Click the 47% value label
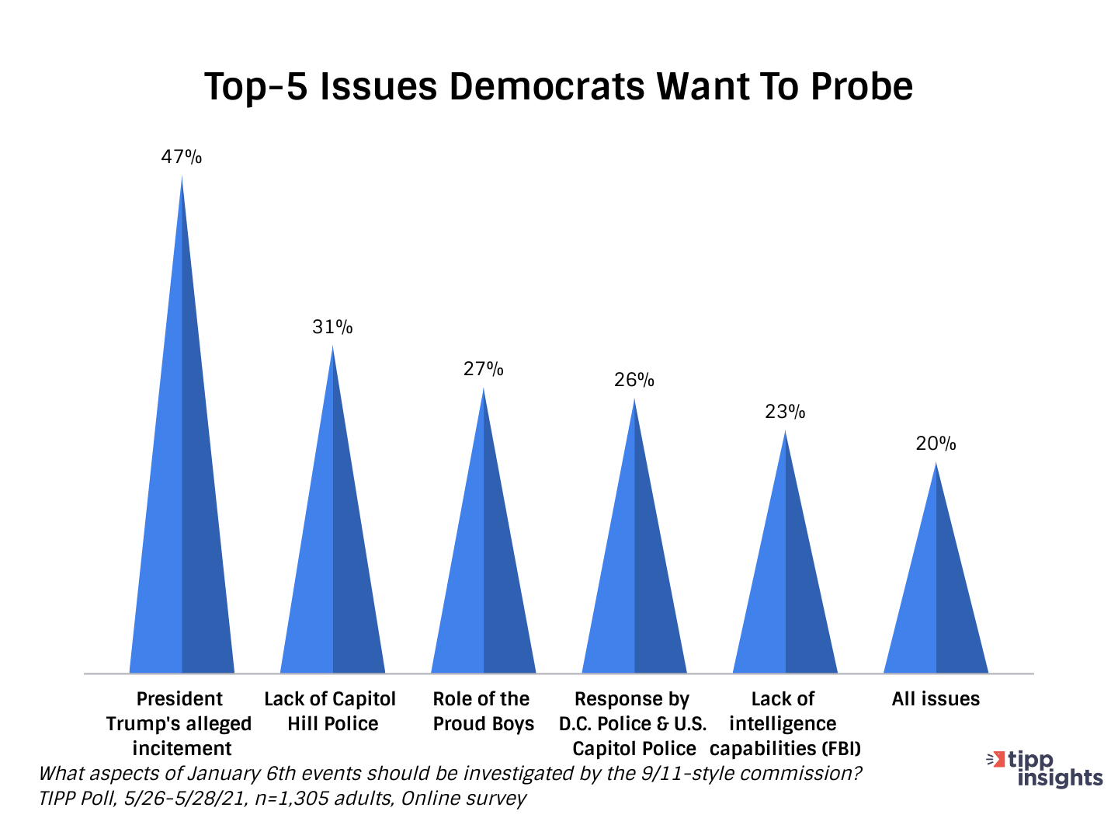pyautogui.click(x=182, y=157)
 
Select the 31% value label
pyautogui.click(x=332, y=327)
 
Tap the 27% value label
pyautogui.click(x=484, y=369)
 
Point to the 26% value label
pyautogui.click(x=634, y=380)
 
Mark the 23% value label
pyautogui.click(x=785, y=412)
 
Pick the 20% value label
pyautogui.click(x=936, y=444)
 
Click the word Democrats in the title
pyautogui.click(x=547, y=86)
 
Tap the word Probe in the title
pyautogui.click(x=862, y=86)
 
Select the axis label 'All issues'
pyautogui.click(x=936, y=699)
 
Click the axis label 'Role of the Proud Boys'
pyautogui.click(x=483, y=712)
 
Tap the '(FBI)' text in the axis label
pyautogui.click(x=842, y=749)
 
